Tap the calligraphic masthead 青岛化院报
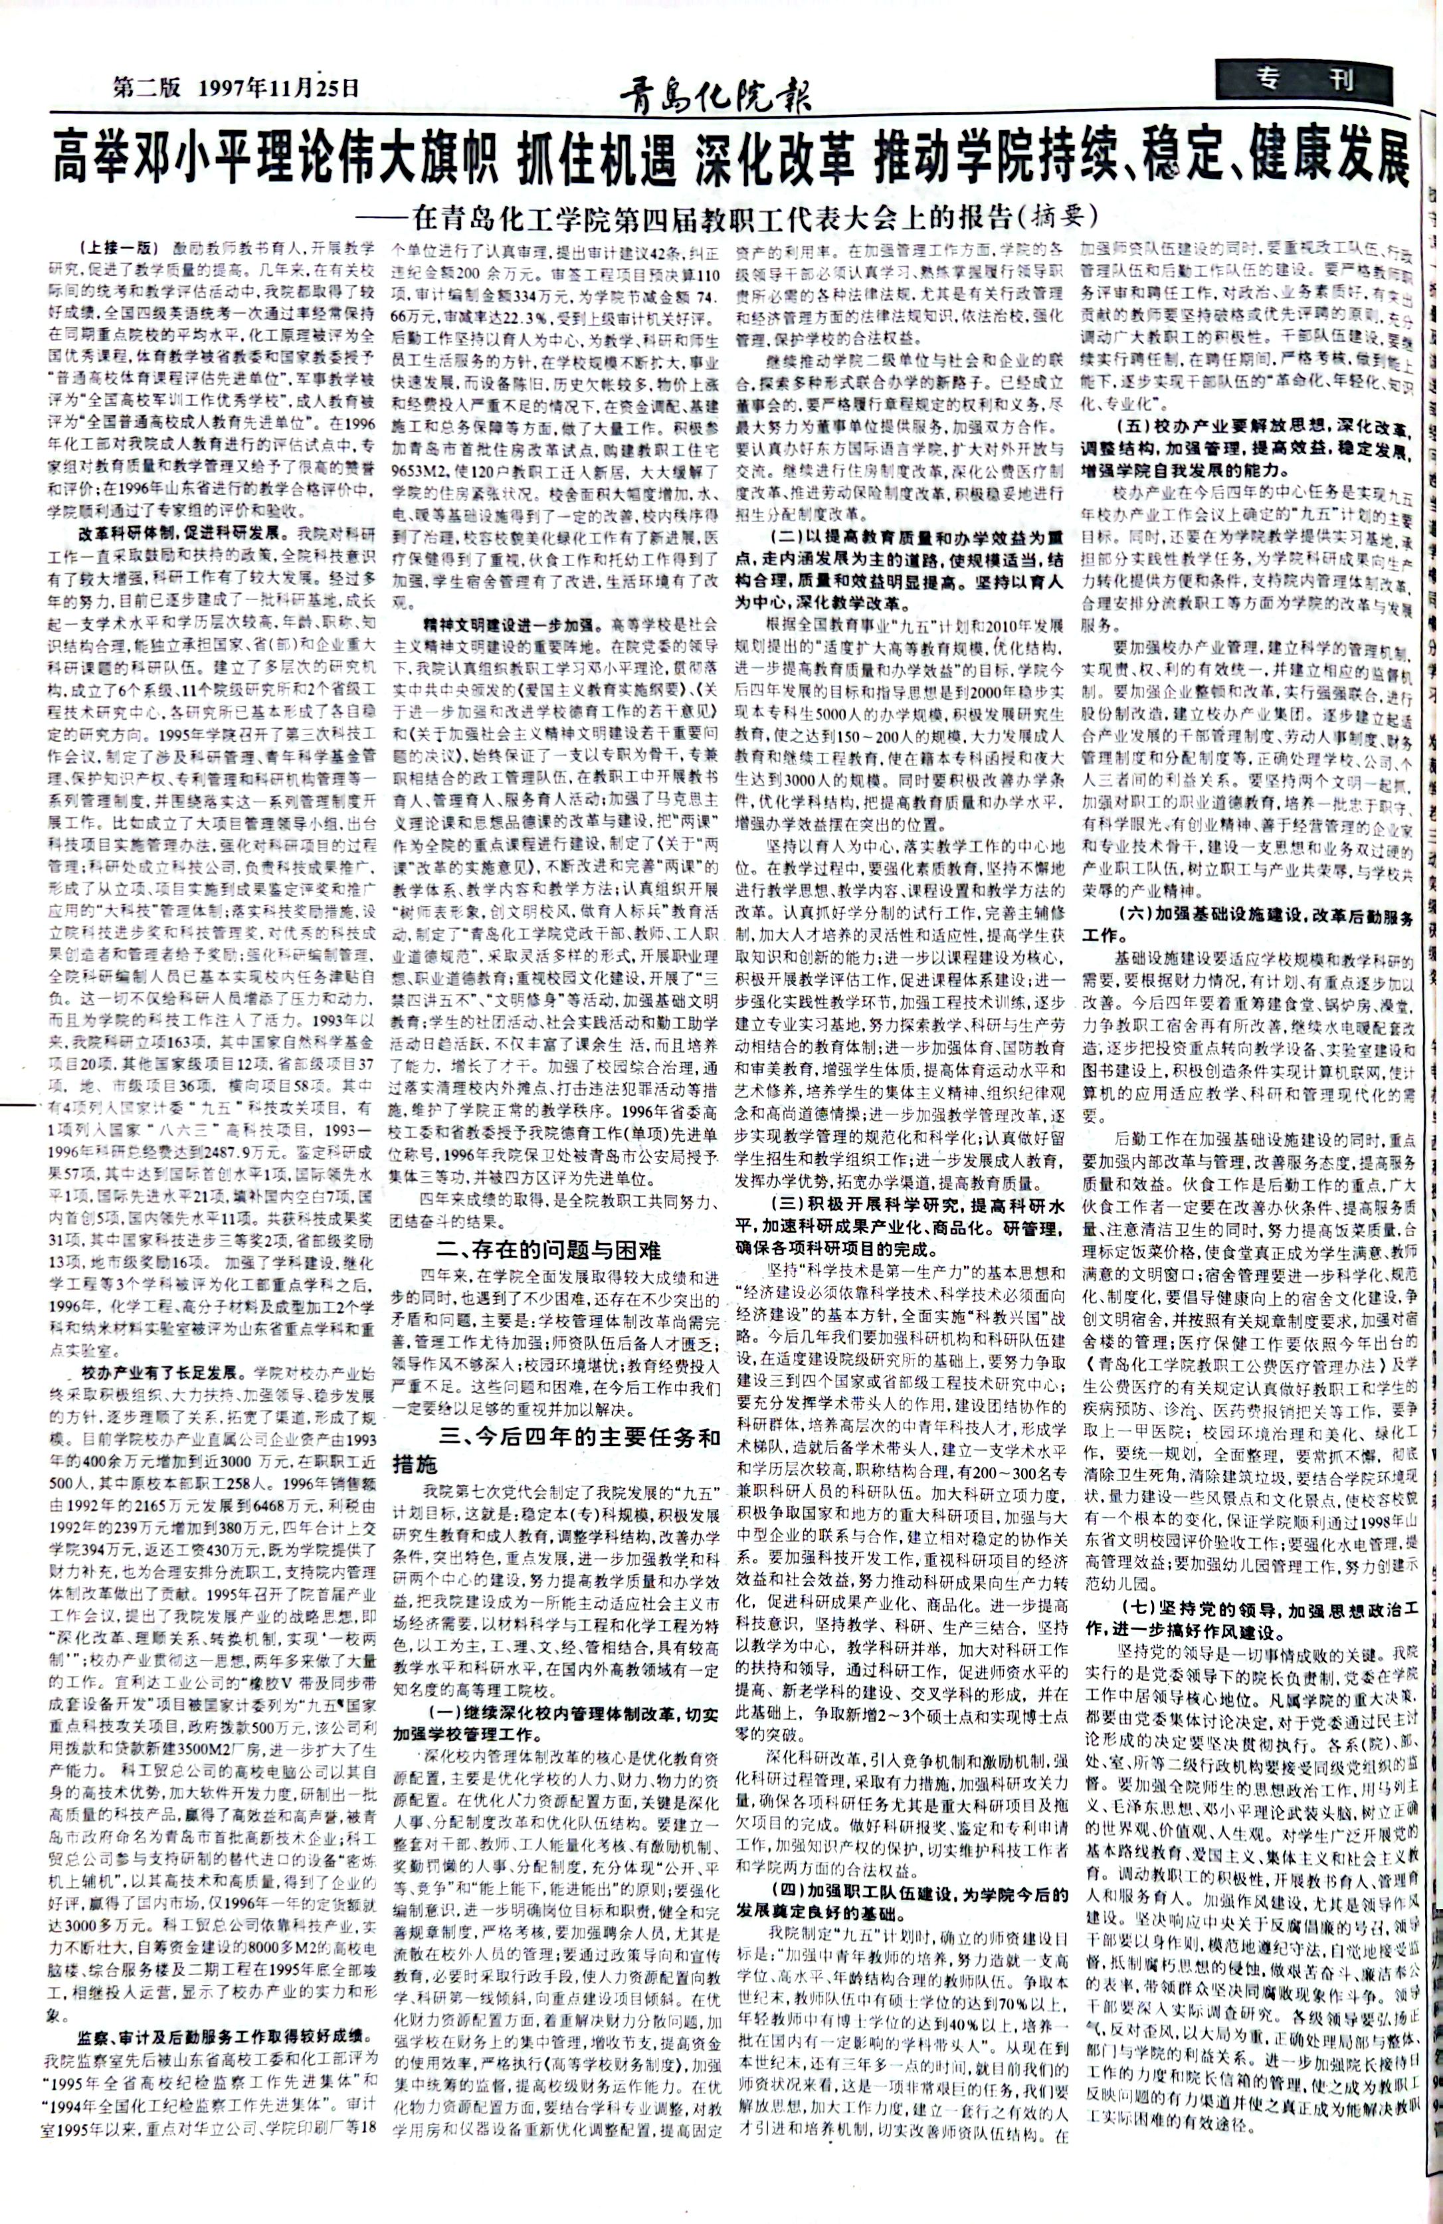click(x=716, y=94)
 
